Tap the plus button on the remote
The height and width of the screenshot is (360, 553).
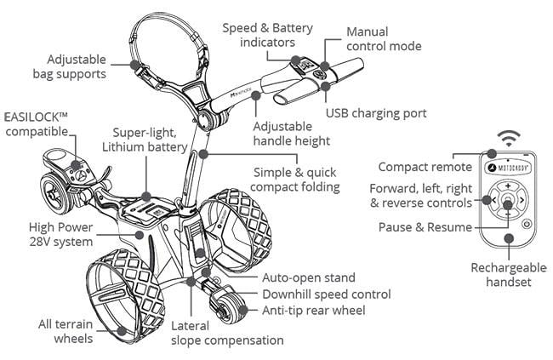point(507,186)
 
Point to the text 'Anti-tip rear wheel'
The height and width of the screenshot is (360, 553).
point(314,311)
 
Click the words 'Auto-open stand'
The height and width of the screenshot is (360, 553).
point(309,278)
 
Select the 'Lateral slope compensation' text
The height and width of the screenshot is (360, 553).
point(227,333)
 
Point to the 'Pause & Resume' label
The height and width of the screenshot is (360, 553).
point(425,228)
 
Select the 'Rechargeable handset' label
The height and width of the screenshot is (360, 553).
point(508,275)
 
